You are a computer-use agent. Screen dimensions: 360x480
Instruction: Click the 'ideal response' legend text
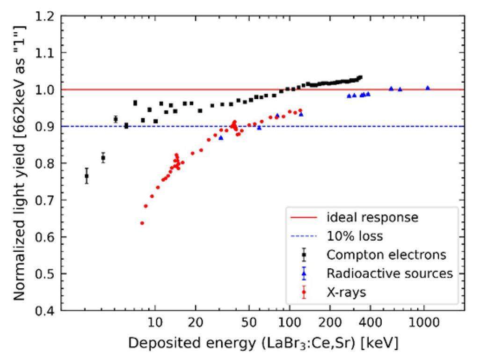point(372,218)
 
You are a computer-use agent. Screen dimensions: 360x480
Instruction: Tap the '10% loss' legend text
point(354,236)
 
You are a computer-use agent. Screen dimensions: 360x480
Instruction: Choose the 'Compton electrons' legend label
point(386,255)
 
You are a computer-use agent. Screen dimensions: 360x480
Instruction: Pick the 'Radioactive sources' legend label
point(390,273)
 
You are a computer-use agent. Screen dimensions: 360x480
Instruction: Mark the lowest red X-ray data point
point(142,223)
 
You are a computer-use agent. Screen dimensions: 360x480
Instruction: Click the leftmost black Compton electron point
point(87,176)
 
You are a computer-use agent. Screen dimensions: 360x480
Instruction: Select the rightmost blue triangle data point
point(427,88)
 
